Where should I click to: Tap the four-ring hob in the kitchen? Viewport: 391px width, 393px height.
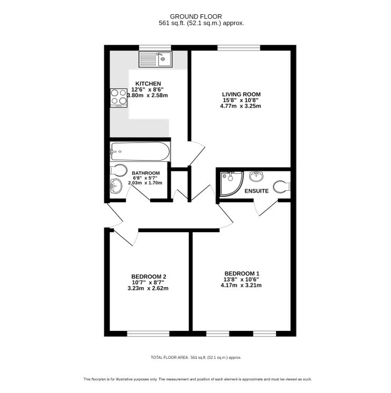[x=119, y=98]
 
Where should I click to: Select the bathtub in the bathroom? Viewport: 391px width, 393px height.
[x=140, y=151]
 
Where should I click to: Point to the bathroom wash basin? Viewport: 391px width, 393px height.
[x=116, y=186]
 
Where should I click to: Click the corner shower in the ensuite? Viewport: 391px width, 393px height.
[x=231, y=183]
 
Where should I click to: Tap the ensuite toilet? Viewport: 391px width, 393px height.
[x=282, y=186]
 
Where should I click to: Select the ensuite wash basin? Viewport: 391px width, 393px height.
[x=256, y=176]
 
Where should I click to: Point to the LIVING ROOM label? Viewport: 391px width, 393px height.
[x=241, y=94]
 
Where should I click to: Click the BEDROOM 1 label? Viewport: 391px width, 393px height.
[x=242, y=273]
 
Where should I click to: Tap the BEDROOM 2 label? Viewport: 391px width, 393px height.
[x=149, y=277]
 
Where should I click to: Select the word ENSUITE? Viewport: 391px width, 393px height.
[x=257, y=191]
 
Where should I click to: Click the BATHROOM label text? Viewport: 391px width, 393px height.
[x=146, y=173]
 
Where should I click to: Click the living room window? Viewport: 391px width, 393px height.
[x=239, y=47]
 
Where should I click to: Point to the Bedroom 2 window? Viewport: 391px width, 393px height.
[x=149, y=333]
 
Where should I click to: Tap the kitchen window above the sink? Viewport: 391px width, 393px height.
[x=155, y=47]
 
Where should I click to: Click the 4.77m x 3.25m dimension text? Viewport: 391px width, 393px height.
[x=241, y=106]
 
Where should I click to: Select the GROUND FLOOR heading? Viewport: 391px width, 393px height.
[x=196, y=16]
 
